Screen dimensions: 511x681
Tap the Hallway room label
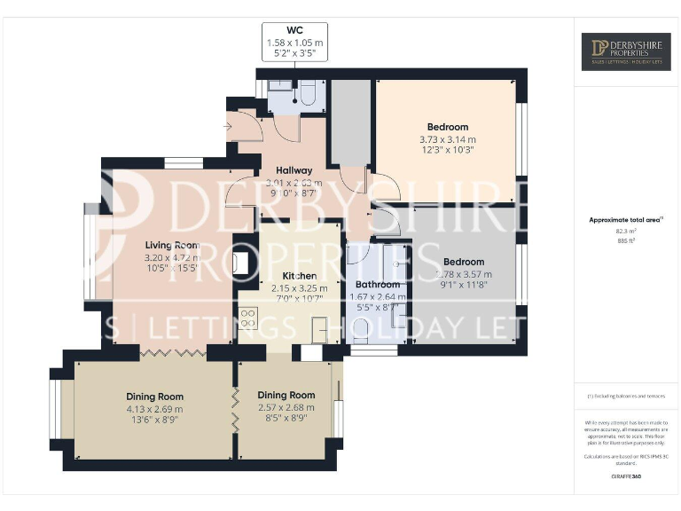tap(294, 170)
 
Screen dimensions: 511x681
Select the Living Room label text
tap(172, 245)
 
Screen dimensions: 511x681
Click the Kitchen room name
tap(298, 276)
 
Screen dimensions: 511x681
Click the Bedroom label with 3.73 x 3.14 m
tap(448, 127)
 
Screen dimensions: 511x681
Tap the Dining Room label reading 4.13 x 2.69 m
tap(154, 397)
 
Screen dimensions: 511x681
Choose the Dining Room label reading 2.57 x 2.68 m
tap(286, 395)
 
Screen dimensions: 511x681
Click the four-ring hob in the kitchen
tap(247, 318)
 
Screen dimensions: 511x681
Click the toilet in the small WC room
tap(309, 94)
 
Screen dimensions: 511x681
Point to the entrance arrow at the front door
tap(229, 128)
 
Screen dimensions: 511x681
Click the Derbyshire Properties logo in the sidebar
tap(627, 51)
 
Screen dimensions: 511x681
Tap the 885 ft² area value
tap(626, 240)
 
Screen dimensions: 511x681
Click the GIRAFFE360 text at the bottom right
tap(626, 477)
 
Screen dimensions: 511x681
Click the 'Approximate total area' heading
tap(624, 220)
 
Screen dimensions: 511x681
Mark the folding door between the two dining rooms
tap(235, 408)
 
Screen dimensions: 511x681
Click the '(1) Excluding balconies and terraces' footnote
tap(626, 396)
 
